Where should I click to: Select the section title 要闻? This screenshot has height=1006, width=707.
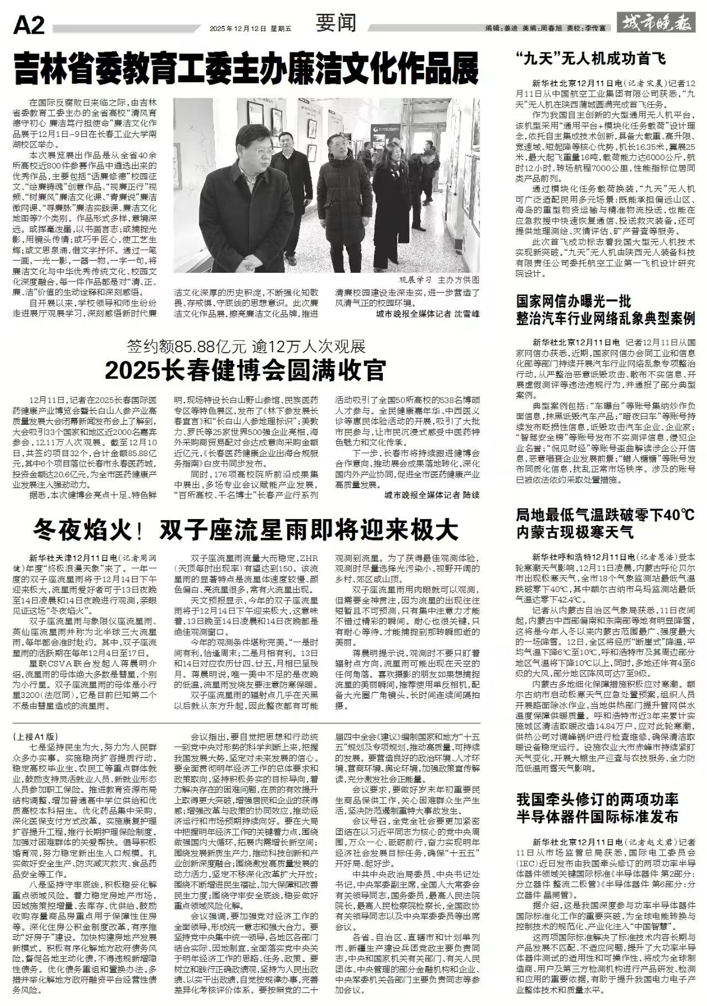point(336,23)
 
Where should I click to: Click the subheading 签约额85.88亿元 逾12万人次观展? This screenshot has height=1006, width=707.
point(246,347)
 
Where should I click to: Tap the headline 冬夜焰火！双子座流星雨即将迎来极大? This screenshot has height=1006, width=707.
point(246,530)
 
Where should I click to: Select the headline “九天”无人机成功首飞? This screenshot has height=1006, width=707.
point(591,58)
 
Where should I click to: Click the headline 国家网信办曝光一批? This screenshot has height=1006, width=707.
point(573,301)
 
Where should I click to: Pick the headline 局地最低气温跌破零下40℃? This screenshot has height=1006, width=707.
point(605,515)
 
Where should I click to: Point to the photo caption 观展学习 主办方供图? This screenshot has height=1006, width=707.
point(439,280)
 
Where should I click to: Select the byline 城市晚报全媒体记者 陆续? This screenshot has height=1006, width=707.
point(432,495)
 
